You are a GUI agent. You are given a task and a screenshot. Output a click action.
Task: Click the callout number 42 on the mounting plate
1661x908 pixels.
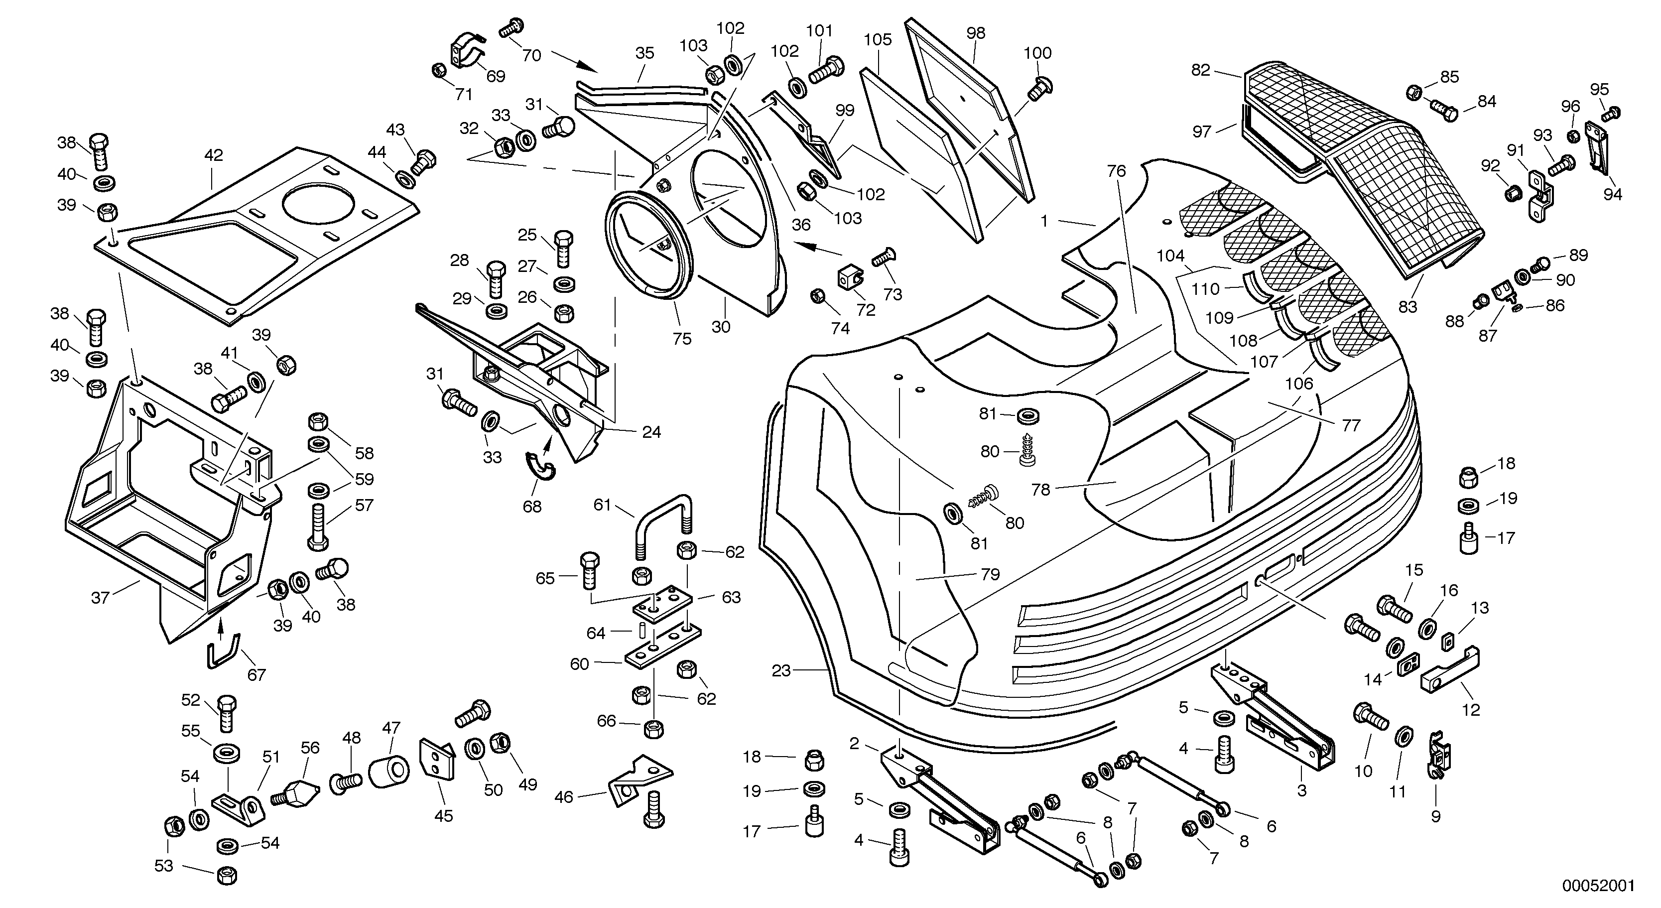(x=214, y=155)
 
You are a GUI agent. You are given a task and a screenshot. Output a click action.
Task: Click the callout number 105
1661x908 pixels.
(x=878, y=40)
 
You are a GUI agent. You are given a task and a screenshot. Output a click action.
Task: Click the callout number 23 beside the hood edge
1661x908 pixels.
(x=781, y=671)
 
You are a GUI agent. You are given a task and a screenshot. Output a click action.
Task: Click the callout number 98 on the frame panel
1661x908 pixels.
(x=976, y=33)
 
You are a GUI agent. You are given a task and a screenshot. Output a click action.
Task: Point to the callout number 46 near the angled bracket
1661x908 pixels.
(x=564, y=798)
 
